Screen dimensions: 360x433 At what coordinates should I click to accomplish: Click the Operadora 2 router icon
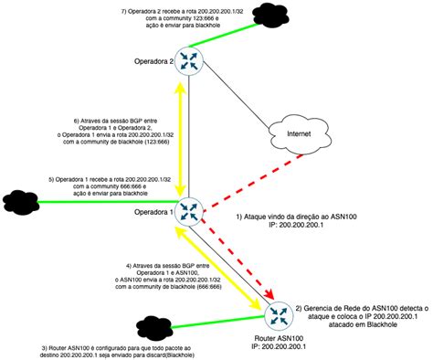(x=191, y=60)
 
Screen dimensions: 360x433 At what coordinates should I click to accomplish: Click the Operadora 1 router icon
(x=190, y=211)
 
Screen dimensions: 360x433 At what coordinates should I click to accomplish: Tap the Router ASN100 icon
(x=280, y=316)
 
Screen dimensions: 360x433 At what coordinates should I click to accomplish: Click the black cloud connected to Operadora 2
(x=268, y=13)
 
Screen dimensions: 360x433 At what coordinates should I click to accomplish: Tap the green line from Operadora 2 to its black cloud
(x=228, y=37)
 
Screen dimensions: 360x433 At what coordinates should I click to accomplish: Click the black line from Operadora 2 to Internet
(x=233, y=95)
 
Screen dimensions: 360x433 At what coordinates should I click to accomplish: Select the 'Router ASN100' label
(x=279, y=337)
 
